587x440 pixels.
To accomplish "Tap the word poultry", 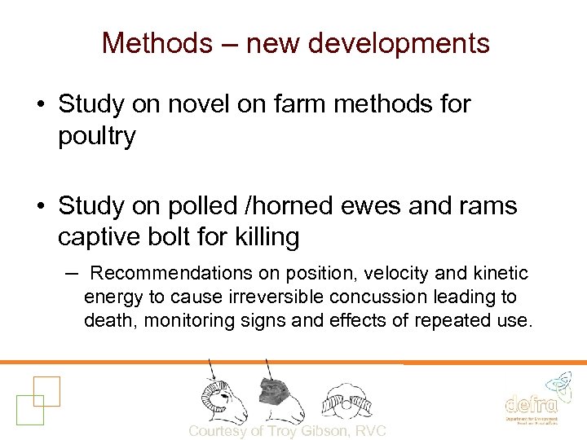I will tap(96, 136).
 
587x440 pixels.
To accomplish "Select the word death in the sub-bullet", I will tap(111, 320).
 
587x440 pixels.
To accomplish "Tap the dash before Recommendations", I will tap(71, 272).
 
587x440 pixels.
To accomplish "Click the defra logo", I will tap(532, 399).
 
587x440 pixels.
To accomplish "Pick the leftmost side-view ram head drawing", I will tap(223, 397).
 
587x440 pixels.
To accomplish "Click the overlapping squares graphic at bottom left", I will tap(37, 398).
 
